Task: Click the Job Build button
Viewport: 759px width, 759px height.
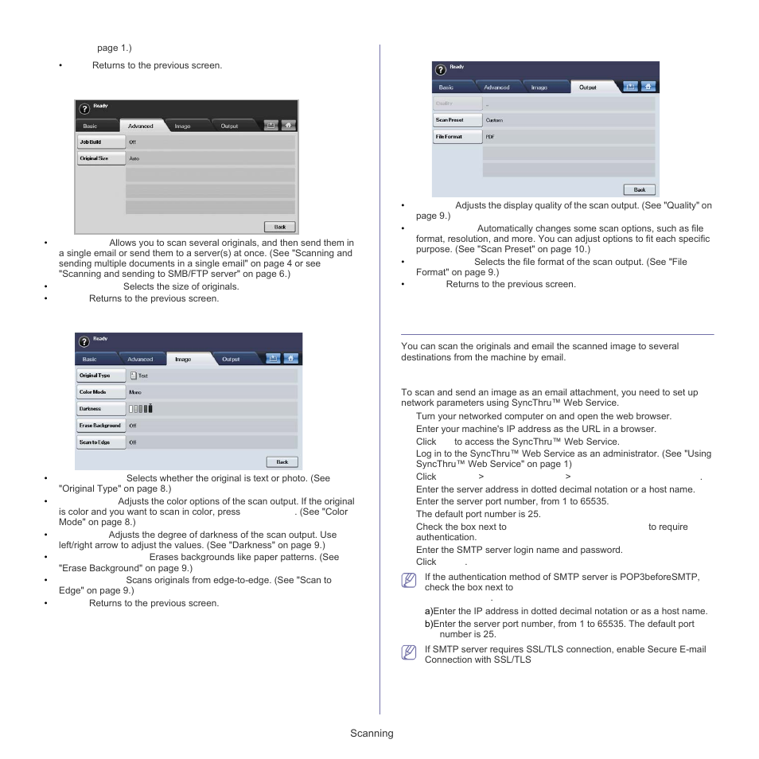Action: click(x=100, y=142)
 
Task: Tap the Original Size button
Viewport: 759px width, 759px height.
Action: click(x=100, y=158)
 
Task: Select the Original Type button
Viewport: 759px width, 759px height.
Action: click(x=100, y=375)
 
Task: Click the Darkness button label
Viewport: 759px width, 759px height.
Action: click(x=100, y=409)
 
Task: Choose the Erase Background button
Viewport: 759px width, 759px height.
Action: click(x=100, y=426)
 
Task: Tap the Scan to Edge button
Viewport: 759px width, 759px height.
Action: click(x=100, y=442)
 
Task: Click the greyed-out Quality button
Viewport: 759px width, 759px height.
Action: click(x=457, y=103)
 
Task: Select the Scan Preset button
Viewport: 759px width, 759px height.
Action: click(x=457, y=120)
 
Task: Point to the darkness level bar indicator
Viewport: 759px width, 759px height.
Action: click(x=140, y=409)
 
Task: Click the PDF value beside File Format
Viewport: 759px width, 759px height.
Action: click(x=490, y=137)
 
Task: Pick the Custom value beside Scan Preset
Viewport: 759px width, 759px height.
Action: click(x=494, y=120)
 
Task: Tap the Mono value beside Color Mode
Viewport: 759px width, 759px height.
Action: click(x=135, y=392)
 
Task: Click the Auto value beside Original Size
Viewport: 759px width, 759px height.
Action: click(x=134, y=158)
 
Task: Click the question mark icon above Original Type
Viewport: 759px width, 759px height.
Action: click(x=84, y=341)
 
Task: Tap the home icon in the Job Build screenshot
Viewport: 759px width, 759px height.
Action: click(x=287, y=125)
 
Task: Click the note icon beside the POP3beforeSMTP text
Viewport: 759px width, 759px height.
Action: click(x=409, y=581)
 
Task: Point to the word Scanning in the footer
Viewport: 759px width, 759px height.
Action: click(x=372, y=734)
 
